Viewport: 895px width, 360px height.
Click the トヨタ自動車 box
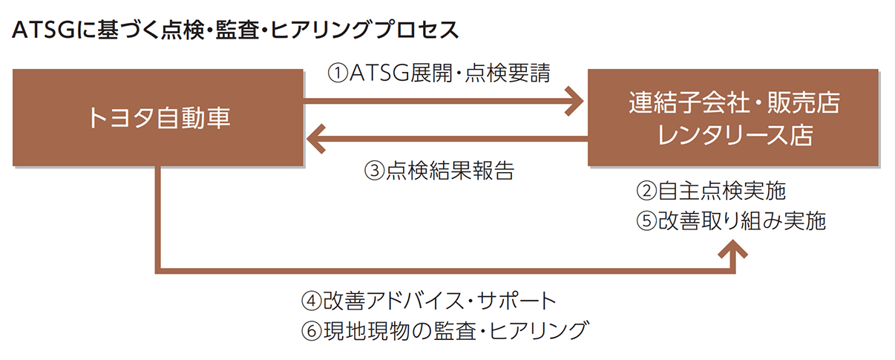pos(158,117)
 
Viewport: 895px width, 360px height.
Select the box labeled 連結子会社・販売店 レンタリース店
pos(734,117)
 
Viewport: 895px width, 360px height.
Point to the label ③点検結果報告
pos(439,171)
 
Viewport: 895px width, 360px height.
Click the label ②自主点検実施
pos(711,192)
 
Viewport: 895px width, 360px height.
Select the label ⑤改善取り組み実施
pos(731,221)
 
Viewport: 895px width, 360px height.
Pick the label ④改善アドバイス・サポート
pos(428,301)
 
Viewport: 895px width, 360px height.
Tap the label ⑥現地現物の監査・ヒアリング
pos(444,330)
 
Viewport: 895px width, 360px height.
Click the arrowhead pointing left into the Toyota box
pos(318,138)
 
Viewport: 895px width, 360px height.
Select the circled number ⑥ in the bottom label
pos(311,330)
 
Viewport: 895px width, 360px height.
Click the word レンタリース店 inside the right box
pos(734,136)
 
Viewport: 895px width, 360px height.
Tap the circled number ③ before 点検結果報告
pos(374,171)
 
